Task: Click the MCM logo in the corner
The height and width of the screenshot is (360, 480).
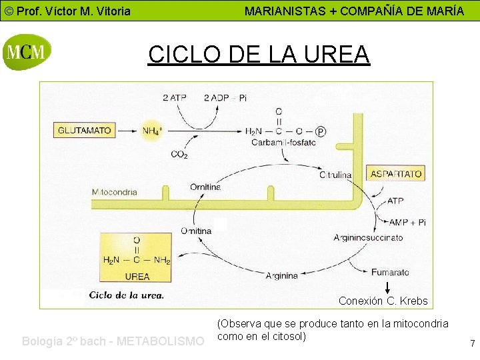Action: pos(26,51)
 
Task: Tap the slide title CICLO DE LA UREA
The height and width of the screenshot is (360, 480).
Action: pos(259,53)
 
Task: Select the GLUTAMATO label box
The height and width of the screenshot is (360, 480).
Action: pos(85,131)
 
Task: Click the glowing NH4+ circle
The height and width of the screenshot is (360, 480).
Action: pos(152,131)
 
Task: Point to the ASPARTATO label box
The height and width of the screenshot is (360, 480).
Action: pos(396,173)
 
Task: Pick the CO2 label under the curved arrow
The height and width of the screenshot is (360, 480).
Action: pos(179,155)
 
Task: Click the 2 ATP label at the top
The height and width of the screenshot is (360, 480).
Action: pos(175,97)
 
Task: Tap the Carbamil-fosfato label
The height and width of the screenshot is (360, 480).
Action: pos(284,143)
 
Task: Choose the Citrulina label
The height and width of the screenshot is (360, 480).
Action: pos(335,174)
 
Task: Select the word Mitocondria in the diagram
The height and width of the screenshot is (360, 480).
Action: pos(115,192)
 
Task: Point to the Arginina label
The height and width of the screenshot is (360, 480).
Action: pos(281,275)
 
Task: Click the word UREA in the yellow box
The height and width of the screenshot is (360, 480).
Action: pos(137,276)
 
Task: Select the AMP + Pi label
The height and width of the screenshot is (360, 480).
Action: pos(407,222)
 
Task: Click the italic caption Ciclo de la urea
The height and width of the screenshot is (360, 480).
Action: pos(127,295)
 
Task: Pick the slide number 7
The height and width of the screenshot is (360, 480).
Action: pos(472,344)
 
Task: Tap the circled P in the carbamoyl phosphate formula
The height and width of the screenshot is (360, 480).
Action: pos(321,131)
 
